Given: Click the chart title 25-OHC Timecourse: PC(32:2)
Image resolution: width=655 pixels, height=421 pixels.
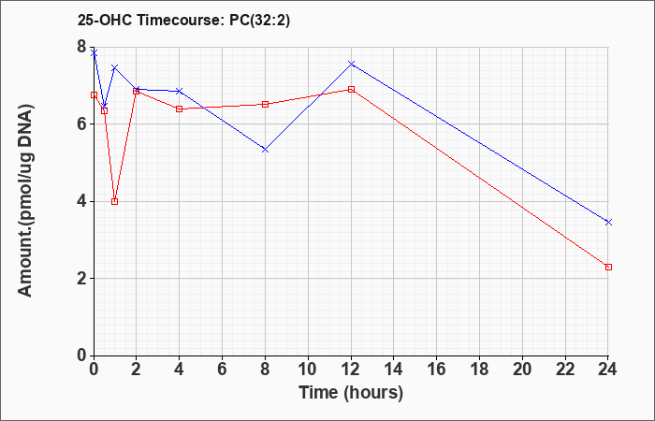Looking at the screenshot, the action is [183, 21].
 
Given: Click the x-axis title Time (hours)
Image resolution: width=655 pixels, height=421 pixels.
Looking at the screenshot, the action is [351, 392].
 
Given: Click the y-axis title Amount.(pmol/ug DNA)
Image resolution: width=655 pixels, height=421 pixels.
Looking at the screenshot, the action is [26, 200].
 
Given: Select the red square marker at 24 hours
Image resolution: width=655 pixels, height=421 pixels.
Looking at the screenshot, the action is [608, 267].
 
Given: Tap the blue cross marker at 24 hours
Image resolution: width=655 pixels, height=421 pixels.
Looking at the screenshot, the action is [608, 223].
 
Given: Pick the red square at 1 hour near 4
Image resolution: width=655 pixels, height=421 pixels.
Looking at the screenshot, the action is [114, 201].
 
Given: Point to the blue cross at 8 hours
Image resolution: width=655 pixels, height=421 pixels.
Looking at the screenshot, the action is [265, 150].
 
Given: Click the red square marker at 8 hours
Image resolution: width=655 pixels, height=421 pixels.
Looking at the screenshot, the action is [265, 104].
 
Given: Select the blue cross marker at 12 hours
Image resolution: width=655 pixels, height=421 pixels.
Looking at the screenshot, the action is [351, 64].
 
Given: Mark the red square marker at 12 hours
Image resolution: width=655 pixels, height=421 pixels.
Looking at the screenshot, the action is [351, 89].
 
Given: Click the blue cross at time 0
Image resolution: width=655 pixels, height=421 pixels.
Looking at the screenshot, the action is [94, 52].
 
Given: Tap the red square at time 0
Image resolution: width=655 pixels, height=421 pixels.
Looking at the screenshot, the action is [94, 94].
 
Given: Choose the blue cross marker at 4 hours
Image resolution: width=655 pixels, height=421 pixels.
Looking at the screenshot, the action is [179, 91].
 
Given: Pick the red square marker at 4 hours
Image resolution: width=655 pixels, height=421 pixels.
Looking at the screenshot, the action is [179, 109].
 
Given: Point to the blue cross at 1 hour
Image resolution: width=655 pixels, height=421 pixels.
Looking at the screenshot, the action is [114, 67].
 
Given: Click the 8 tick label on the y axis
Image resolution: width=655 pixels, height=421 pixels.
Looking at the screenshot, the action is [82, 47].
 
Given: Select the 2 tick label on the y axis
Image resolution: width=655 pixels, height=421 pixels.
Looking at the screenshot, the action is [82, 279].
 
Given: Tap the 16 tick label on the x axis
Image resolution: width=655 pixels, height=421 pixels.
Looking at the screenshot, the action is [437, 370].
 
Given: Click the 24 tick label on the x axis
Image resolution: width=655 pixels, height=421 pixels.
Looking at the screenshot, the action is [608, 370].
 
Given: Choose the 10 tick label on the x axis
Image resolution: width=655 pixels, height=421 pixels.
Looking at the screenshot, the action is [308, 370].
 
